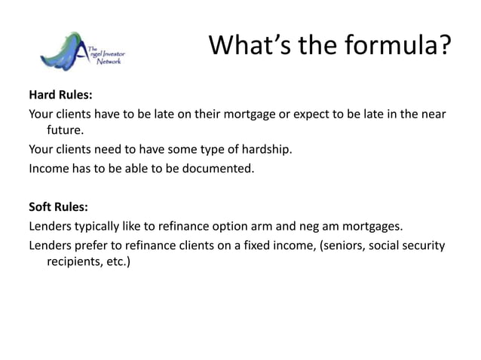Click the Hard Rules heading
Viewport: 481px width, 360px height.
point(60,96)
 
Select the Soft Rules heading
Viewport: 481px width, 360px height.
point(58,206)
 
